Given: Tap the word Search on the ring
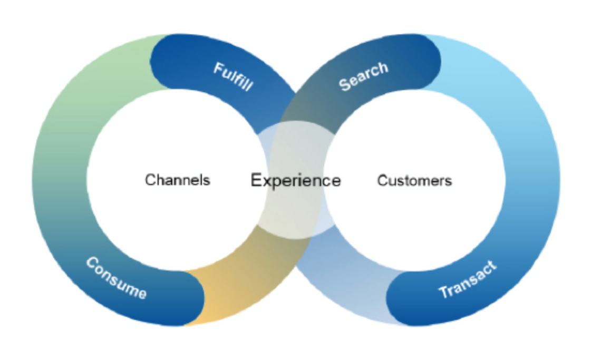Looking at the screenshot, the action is (364, 76).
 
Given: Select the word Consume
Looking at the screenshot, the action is (116, 278).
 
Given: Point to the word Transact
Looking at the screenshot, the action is (468, 280).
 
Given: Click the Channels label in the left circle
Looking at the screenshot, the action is (178, 180).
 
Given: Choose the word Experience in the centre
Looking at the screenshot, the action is (296, 181).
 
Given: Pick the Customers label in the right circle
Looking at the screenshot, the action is (414, 181).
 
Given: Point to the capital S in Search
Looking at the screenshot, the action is (345, 84).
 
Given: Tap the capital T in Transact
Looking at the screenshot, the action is (444, 292).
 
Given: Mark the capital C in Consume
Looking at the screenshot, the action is (92, 263).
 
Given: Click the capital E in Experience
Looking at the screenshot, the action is (256, 180).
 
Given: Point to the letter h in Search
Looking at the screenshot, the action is (383, 67).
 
